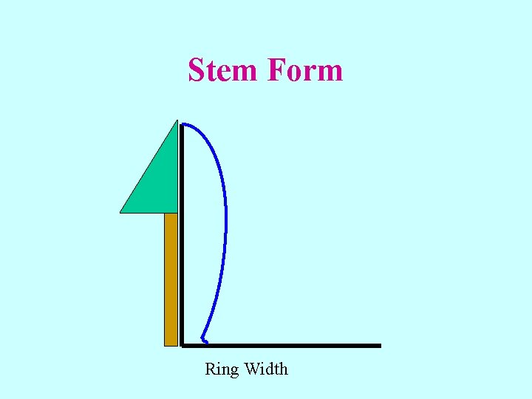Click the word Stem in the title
224,70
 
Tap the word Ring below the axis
221,369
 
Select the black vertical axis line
181,236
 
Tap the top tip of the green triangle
177,120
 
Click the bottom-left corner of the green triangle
121,212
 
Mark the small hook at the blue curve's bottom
204,341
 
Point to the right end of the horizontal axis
379,345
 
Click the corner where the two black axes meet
182,345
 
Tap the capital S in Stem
197,70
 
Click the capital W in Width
251,368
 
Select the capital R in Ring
210,368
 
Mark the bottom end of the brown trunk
171,344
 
